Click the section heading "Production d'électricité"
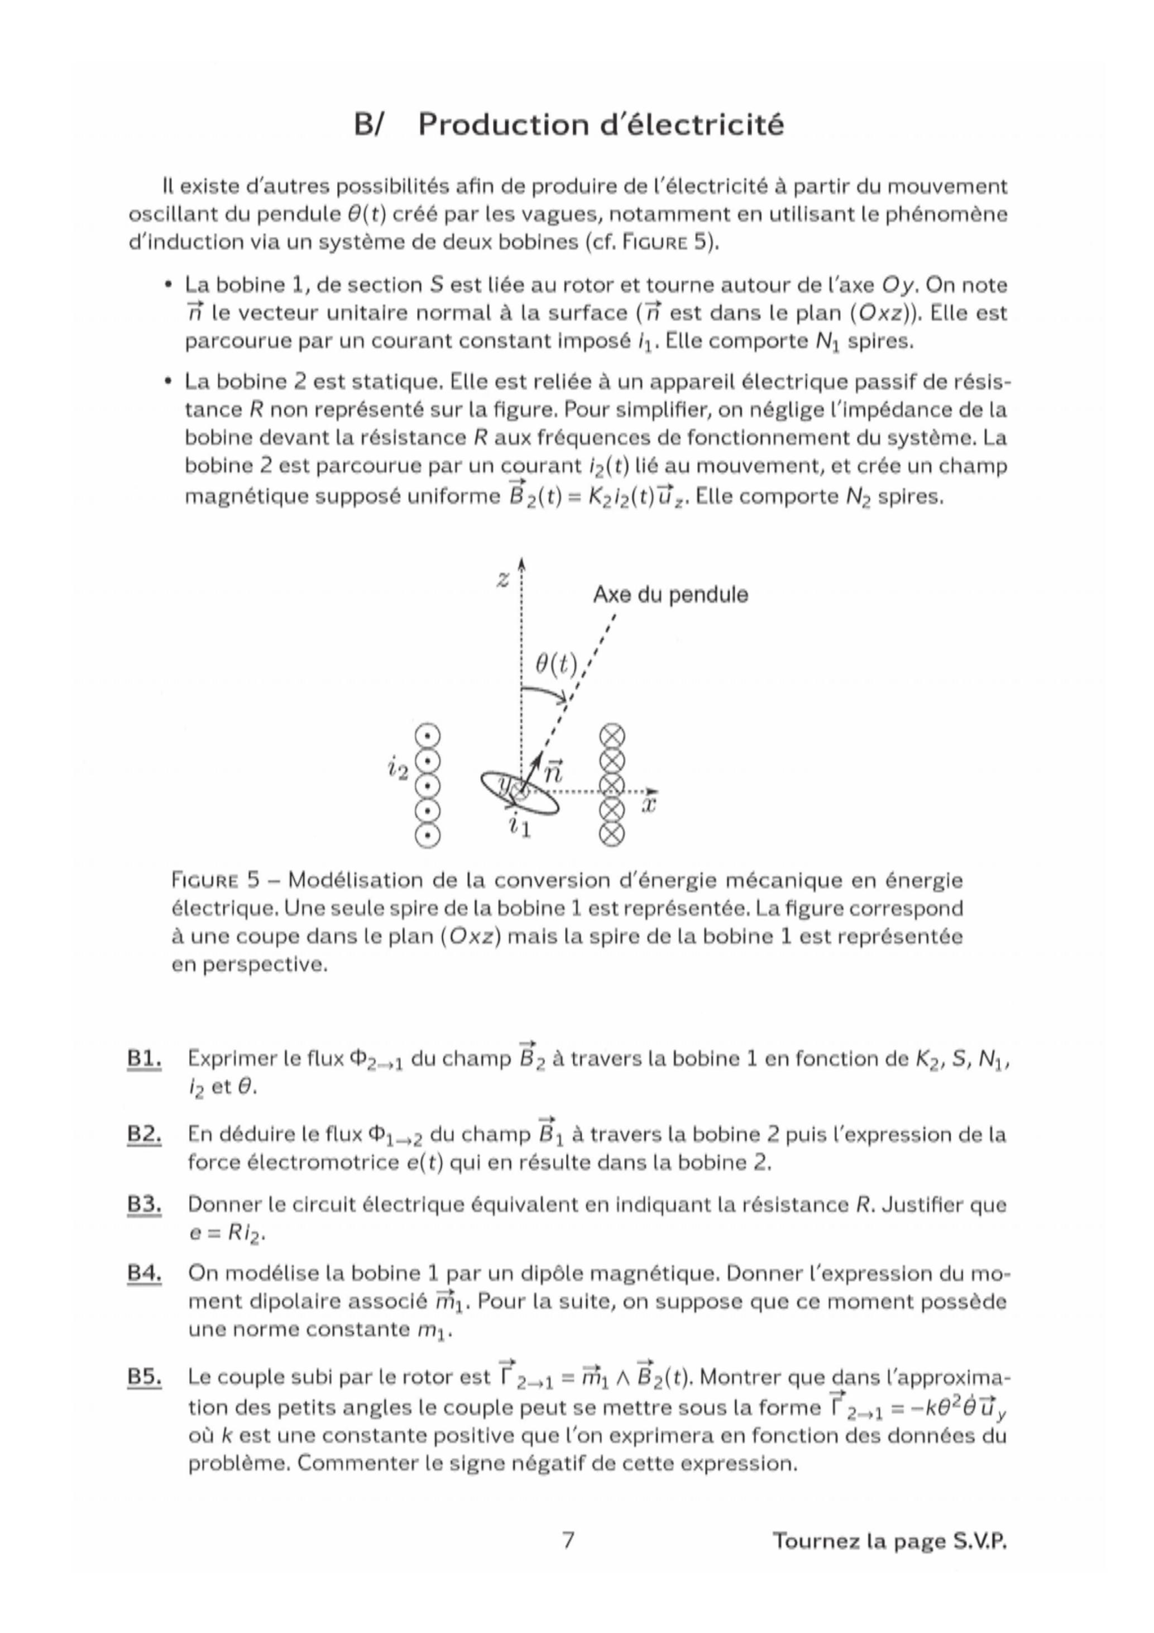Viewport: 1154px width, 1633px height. click(600, 125)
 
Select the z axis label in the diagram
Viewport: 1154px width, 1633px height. click(504, 580)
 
